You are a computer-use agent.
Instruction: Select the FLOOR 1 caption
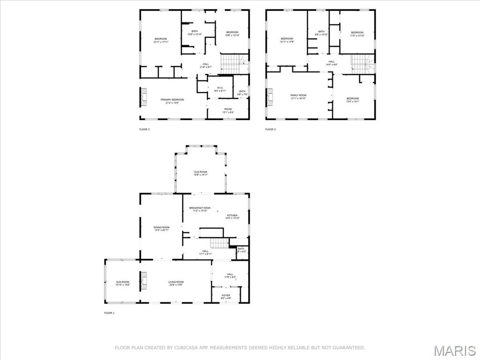pyautogui.click(x=110, y=313)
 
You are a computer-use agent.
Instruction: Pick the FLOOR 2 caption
pyautogui.click(x=144, y=129)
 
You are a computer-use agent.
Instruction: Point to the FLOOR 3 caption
pyautogui.click(x=270, y=129)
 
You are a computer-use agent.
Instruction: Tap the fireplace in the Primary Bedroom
pyautogui.click(x=142, y=97)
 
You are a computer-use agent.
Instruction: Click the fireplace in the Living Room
pyautogui.click(x=144, y=281)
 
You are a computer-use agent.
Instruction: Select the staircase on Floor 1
pyautogui.click(x=218, y=243)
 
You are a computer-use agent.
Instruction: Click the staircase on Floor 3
pyautogui.click(x=363, y=64)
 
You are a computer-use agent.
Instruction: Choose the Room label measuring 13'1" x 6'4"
pyautogui.click(x=228, y=111)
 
